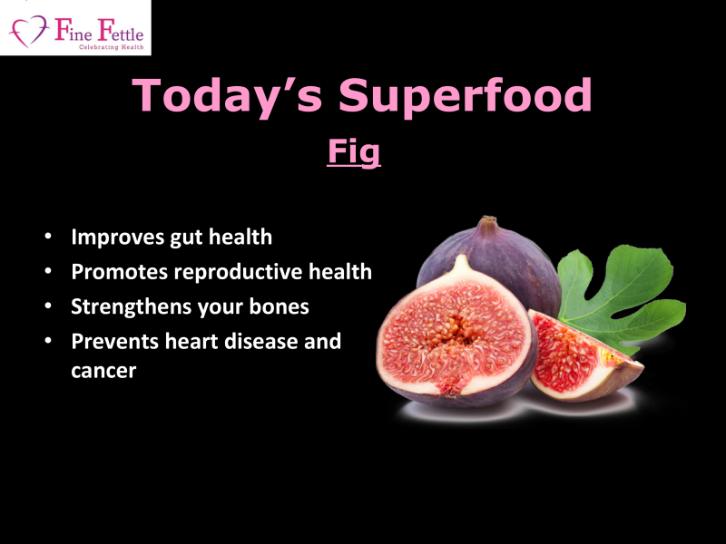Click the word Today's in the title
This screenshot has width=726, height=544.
coord(227,95)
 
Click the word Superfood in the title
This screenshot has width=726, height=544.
coord(466,95)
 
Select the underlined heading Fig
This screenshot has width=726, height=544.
coord(354,151)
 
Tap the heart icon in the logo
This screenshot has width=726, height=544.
coord(29,31)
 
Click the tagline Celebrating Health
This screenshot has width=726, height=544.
coord(111,47)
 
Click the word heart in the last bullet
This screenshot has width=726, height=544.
coord(191,342)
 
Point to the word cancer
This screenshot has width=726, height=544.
coord(103,371)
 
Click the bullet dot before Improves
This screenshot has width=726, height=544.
coord(48,237)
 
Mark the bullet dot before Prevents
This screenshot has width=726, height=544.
coord(48,341)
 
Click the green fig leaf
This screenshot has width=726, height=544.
coord(622,296)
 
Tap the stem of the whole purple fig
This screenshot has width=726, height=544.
coord(487,225)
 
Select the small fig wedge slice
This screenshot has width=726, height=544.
coord(584,357)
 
